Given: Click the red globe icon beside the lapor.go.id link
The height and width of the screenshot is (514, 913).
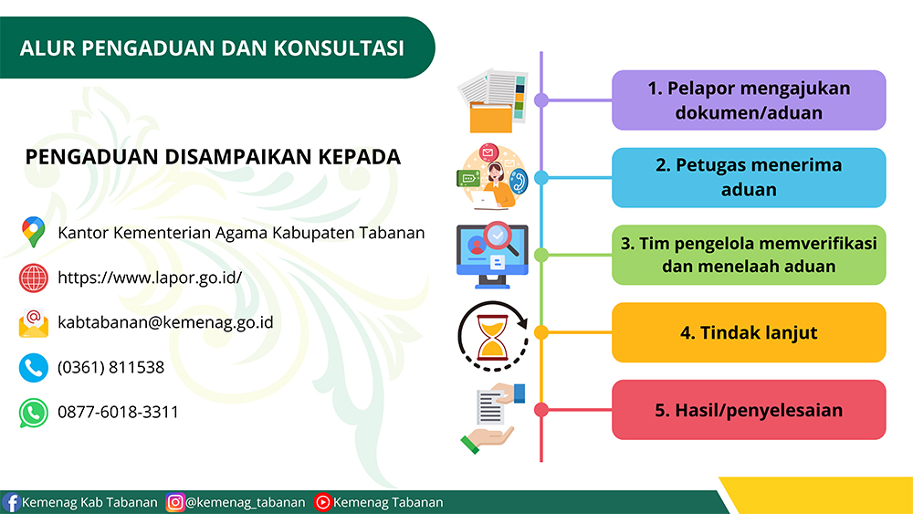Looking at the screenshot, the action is (x=34, y=278).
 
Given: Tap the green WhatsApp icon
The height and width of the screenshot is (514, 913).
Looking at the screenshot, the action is (x=34, y=413).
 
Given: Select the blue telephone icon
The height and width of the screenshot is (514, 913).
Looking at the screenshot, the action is (x=34, y=368).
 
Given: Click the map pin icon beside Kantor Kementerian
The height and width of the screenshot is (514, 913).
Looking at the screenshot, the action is (x=33, y=232).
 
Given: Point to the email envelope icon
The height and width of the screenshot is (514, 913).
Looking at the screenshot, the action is (x=34, y=323).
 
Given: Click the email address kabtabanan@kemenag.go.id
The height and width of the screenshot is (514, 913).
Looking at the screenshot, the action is (x=165, y=322).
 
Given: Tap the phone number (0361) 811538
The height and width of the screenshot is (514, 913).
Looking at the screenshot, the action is (x=110, y=367).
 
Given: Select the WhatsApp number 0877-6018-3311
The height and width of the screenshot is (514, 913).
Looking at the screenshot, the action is (x=118, y=412).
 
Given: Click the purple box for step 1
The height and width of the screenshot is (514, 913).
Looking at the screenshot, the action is (x=749, y=100).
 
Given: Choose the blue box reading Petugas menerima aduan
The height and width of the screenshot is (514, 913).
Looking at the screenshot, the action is (x=749, y=177).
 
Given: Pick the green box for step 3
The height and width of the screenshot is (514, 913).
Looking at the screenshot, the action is (x=749, y=255).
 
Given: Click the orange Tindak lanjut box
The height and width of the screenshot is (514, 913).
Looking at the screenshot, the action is (x=749, y=332).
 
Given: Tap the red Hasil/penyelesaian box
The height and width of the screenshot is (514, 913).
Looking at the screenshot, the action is (x=749, y=410).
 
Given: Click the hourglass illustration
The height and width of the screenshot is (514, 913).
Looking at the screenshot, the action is (x=493, y=337).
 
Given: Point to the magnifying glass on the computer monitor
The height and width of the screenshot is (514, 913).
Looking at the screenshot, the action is (x=500, y=238).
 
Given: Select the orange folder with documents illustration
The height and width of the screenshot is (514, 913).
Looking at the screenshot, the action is (x=493, y=100).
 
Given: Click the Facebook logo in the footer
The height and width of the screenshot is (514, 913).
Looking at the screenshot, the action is (x=11, y=502).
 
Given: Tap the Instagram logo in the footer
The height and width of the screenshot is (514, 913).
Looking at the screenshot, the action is (x=174, y=502).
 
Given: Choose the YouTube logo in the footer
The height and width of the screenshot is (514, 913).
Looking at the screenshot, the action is (x=322, y=502).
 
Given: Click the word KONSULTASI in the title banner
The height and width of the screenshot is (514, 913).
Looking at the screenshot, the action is (x=339, y=48).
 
